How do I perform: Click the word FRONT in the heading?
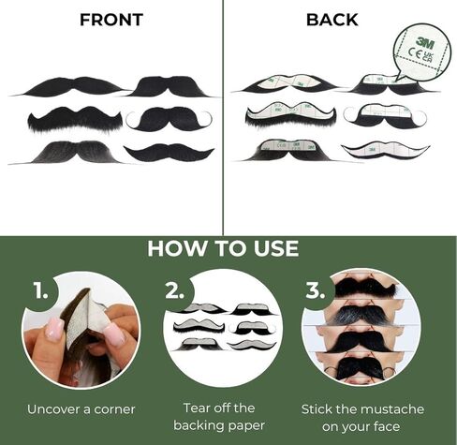tap(111, 20)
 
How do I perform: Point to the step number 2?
tap(175, 290)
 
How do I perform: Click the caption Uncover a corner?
tap(81, 408)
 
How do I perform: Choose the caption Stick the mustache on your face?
tap(361, 417)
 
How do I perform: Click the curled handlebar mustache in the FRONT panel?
tap(170, 119)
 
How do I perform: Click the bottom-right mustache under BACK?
tap(385, 150)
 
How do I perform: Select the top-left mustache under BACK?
tap(289, 84)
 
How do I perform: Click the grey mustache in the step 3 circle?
tap(361, 315)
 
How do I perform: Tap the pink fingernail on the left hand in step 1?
tap(54, 328)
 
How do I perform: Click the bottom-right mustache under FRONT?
tap(170, 151)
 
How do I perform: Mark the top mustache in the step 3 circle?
tap(361, 286)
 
